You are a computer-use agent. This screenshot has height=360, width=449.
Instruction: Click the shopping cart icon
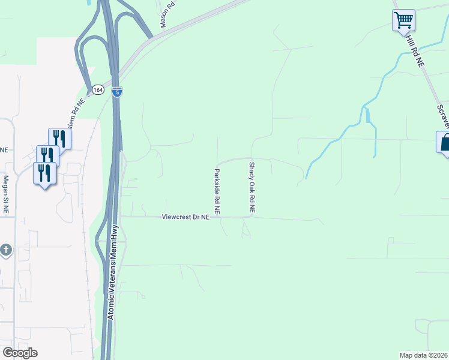point(403,20)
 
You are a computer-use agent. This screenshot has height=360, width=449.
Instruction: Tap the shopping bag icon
point(444,143)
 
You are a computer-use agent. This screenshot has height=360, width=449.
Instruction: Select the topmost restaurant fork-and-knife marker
point(59,139)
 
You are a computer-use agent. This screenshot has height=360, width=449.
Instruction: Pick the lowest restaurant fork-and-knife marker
point(44,173)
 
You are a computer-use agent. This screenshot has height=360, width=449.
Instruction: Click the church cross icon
point(6,250)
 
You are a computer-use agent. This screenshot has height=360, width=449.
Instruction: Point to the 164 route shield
point(98,90)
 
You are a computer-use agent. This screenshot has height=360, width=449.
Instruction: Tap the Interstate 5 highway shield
point(117,91)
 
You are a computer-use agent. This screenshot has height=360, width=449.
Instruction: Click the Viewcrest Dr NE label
point(185,217)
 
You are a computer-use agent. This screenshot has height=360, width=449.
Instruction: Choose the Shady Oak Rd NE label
point(252,187)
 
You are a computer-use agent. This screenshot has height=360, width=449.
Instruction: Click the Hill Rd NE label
point(414,50)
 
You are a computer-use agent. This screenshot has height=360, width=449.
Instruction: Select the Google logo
point(20,353)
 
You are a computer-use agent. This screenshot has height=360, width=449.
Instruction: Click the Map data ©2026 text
point(424,355)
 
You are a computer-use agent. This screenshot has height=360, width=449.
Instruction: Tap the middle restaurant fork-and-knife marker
point(47,156)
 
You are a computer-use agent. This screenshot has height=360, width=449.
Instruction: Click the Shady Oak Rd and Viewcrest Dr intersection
point(252,217)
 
